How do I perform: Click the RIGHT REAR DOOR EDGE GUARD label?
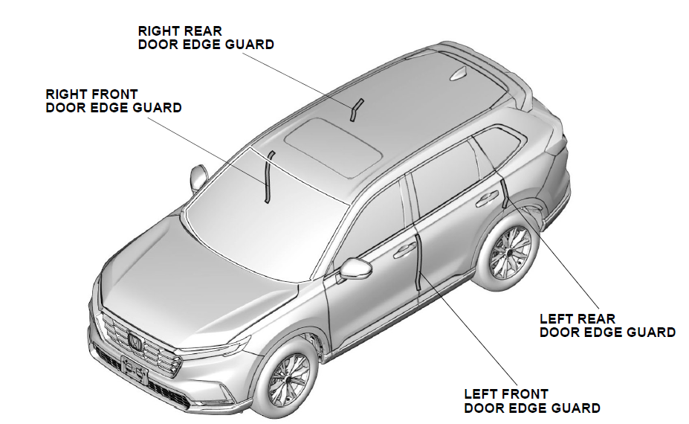point(205,37)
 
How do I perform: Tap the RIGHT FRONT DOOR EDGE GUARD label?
point(113,101)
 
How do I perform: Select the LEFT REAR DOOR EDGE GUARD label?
point(607,326)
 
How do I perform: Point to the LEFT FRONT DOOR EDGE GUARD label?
point(531,401)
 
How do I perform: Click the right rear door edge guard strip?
point(355,109)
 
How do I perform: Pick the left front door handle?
point(405,250)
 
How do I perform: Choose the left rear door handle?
point(488,199)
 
